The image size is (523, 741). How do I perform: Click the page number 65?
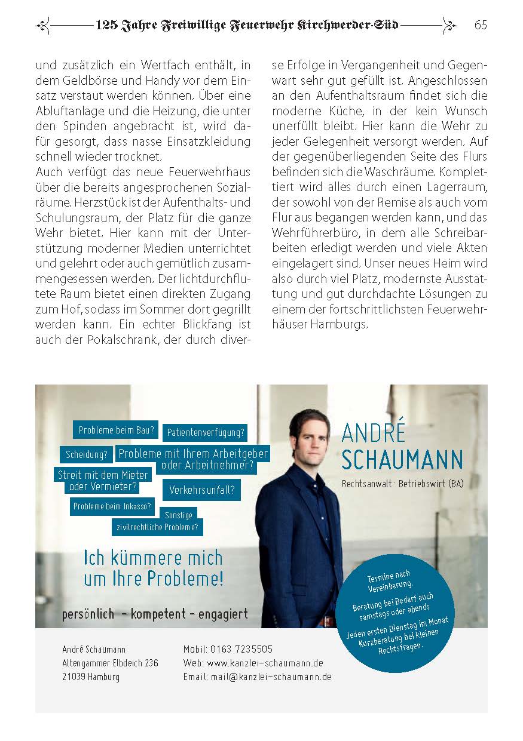[481, 25]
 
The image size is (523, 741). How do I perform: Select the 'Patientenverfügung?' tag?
[205, 432]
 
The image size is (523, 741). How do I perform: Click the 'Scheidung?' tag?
[87, 454]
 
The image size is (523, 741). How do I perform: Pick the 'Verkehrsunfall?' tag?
[201, 490]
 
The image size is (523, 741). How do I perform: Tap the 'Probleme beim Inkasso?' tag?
[112, 507]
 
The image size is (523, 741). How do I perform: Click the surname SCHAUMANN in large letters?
[402, 460]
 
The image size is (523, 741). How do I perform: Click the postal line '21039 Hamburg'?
[91, 677]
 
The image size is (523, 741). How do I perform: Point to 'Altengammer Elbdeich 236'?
[110, 663]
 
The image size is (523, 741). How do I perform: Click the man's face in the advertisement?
[310, 435]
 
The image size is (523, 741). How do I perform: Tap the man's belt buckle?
[328, 621]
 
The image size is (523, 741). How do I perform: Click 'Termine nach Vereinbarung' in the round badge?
[389, 580]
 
